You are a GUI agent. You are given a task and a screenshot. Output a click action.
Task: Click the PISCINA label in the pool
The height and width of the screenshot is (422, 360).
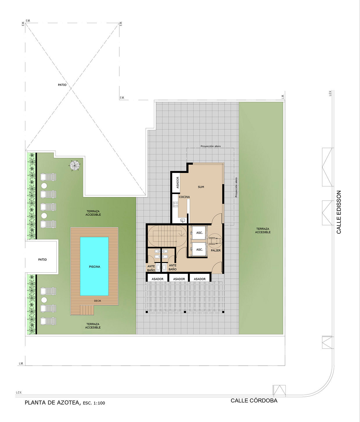tap(95, 267)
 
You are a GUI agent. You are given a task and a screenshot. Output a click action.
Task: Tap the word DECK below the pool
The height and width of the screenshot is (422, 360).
tap(98, 301)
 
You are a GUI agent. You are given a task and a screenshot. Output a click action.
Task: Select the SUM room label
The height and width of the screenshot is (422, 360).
tap(201, 187)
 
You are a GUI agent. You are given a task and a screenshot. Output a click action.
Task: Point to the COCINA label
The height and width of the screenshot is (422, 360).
tap(184, 197)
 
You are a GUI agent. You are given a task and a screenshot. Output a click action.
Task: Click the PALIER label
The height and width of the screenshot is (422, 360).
tap(216, 250)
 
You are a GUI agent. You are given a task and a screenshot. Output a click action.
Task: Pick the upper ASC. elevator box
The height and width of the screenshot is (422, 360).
tap(199, 233)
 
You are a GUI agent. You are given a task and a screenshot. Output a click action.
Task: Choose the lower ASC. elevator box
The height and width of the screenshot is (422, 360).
tap(199, 249)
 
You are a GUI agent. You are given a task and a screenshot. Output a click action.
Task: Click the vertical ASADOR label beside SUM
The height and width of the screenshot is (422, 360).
tap(178, 182)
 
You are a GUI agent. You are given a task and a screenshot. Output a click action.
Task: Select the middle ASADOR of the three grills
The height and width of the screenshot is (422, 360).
tap(179, 279)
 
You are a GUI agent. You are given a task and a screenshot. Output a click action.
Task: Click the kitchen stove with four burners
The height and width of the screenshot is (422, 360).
tap(176, 204)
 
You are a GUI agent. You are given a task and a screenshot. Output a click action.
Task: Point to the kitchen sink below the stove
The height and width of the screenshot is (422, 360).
tap(183, 220)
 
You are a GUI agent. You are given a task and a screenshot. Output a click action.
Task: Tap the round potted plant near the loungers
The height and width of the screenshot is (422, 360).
tap(75, 165)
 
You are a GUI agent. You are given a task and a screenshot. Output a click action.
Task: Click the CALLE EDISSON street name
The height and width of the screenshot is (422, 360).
tap(339, 212)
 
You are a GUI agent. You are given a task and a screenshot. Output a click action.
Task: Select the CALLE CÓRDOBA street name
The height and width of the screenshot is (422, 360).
tap(254, 400)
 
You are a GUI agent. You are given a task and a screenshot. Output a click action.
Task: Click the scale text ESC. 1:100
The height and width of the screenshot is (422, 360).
tap(94, 403)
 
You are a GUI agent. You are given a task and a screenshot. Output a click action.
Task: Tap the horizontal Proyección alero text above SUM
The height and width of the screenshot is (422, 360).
tap(210, 146)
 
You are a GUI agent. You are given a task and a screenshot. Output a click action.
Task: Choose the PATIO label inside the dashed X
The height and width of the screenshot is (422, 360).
tap(62, 85)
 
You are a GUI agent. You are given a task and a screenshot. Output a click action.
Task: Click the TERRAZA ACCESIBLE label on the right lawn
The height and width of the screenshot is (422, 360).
tap(263, 231)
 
